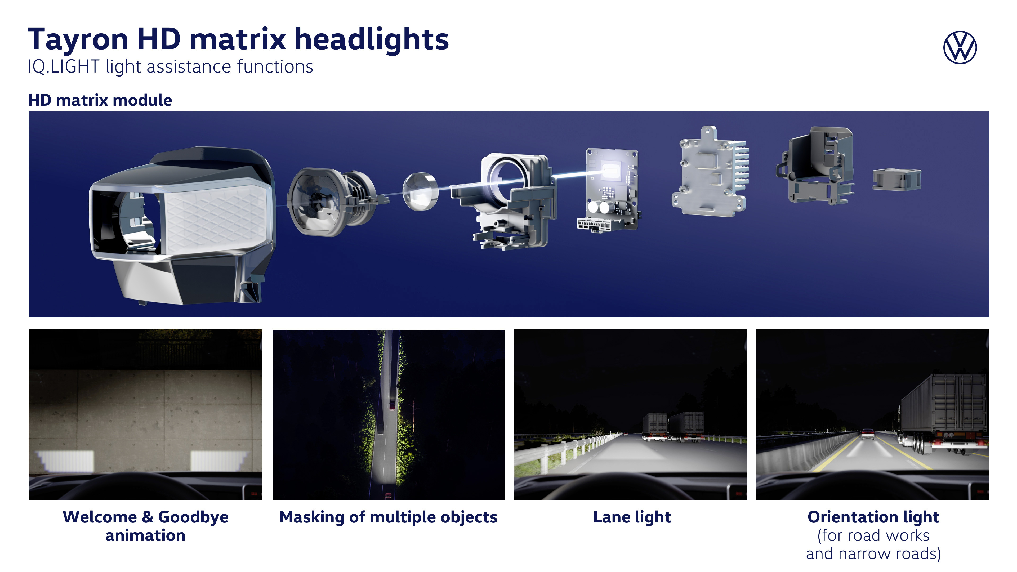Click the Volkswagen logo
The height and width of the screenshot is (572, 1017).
coord(960,47)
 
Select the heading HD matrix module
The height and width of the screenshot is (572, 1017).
coord(100,100)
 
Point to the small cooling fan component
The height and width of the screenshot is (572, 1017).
coord(896,180)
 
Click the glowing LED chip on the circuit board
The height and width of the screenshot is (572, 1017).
coord(610,171)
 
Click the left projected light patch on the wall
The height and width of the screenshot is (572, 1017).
coord(65,461)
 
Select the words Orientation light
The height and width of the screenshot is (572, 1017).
coord(873,517)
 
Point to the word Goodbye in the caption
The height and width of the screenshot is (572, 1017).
coord(193,517)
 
